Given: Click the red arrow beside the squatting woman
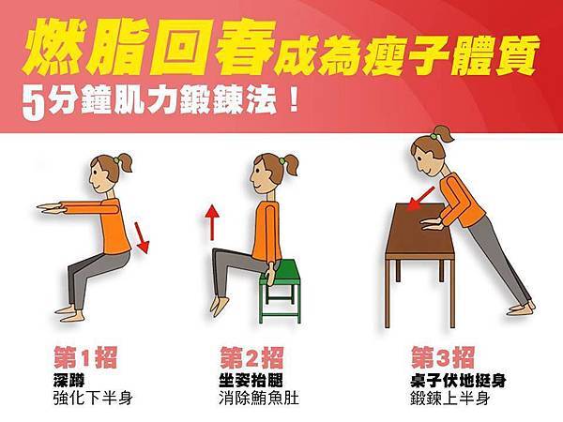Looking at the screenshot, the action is pos(142,237).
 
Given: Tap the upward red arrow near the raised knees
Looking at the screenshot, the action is pos(212,222).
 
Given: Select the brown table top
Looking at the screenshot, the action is pos(419,229).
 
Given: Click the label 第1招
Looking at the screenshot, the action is pos(85,357).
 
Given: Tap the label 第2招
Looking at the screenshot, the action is pos(251,357).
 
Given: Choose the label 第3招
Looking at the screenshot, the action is pos(443,357).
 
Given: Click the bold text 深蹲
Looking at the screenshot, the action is pos(68,381).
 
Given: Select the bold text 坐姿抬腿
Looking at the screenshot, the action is pos(251,381).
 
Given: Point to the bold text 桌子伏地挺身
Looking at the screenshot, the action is pos(458,381).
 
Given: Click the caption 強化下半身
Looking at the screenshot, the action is pos(93,399).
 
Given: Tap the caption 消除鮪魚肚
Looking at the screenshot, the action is pos(259,399).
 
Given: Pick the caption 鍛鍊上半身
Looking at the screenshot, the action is pos(450,399).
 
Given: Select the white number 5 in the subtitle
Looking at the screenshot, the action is pos(34,103).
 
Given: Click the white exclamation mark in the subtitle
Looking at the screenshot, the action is pos(294,100).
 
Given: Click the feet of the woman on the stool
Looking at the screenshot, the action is pos(220,306).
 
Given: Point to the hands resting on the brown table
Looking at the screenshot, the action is pos(432,223).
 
